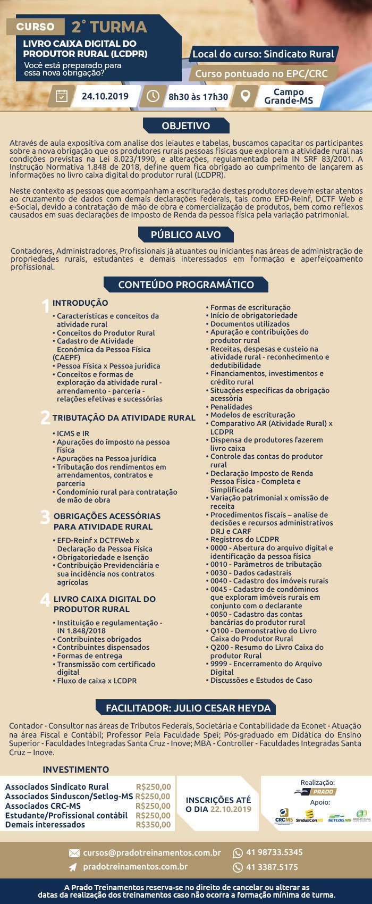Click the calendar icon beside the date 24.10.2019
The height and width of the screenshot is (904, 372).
coord(62,96)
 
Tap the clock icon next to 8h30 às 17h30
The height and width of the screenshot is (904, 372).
coord(153,96)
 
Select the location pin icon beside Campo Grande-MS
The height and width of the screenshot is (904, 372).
coord(245,96)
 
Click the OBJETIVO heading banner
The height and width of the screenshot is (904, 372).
coord(186,126)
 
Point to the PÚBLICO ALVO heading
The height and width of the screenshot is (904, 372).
coord(185,235)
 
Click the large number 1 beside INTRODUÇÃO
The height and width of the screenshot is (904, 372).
coord(46,306)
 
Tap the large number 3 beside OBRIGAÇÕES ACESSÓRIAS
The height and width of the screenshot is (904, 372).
coord(45,517)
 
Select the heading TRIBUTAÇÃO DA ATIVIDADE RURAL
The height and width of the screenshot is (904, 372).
coord(124,418)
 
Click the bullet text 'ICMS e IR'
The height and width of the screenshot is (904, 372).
coord(73,433)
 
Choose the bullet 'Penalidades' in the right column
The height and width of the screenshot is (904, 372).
coord(231,407)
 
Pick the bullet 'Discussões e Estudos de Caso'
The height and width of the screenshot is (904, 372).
coord(261,680)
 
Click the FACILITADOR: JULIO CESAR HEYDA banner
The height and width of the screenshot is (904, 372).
coord(188,708)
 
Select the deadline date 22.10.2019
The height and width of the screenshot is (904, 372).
coord(231,809)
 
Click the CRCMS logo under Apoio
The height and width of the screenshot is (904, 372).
coord(284,817)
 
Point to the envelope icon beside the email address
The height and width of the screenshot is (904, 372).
coord(74,853)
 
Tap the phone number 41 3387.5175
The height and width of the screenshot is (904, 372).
coord(272,867)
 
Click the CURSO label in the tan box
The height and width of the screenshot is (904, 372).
coord(35,27)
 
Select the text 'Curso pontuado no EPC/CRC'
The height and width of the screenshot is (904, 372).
coord(261,74)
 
